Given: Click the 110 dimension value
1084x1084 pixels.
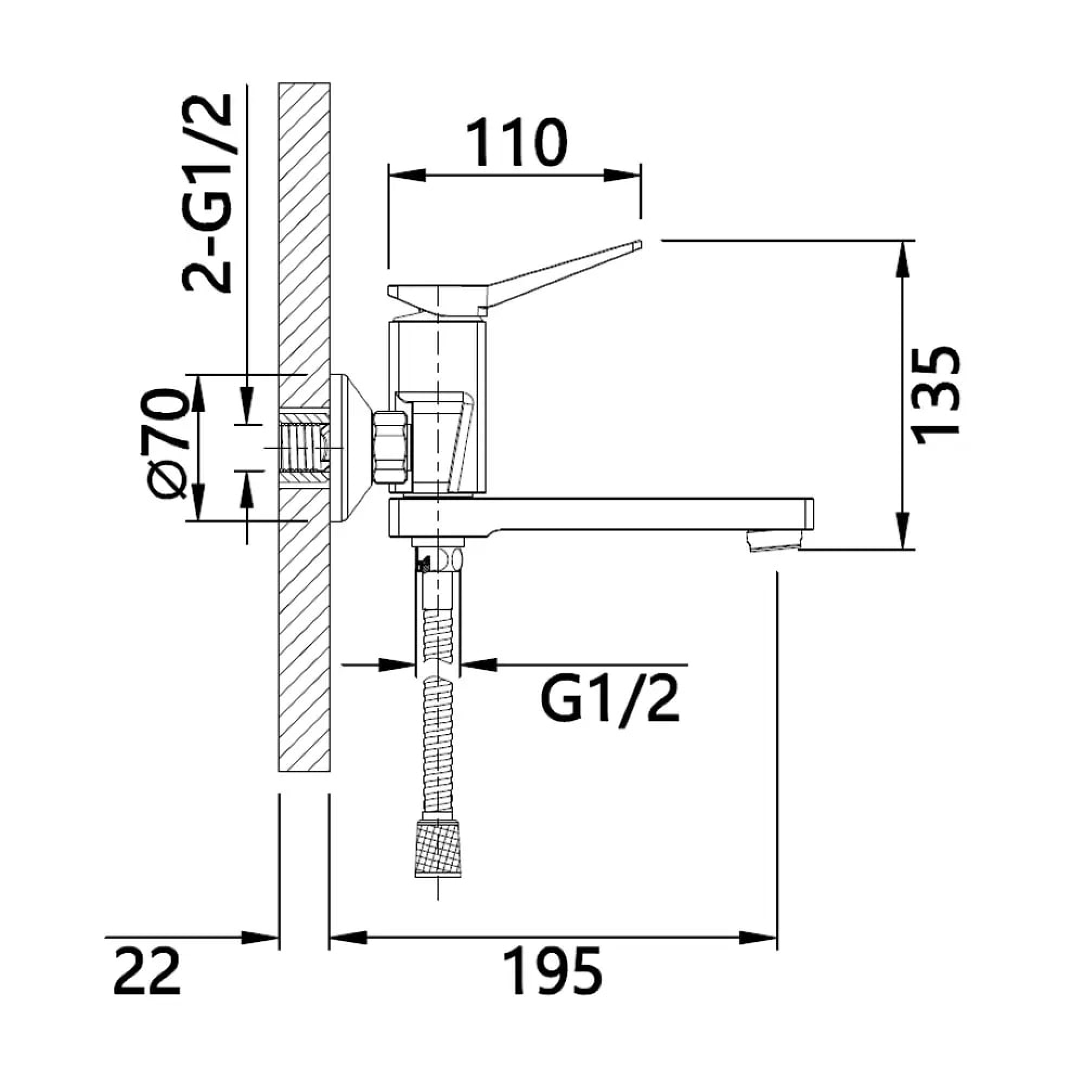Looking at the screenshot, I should (516, 143).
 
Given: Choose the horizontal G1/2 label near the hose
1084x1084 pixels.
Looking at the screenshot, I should (610, 702).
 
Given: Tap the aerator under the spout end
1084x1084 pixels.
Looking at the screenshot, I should (775, 541).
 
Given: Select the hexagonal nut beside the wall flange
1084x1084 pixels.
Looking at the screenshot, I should (392, 447).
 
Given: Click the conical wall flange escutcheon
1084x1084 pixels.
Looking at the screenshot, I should (351, 448).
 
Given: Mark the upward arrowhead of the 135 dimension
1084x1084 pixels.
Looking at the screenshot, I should (902, 258).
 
